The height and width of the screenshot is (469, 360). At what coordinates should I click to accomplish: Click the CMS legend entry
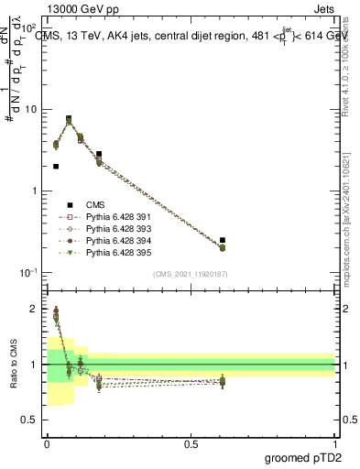point(97,205)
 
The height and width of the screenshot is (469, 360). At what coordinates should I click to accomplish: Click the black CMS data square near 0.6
point(223,240)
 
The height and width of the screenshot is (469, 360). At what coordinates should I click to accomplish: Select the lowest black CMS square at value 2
point(56,167)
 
